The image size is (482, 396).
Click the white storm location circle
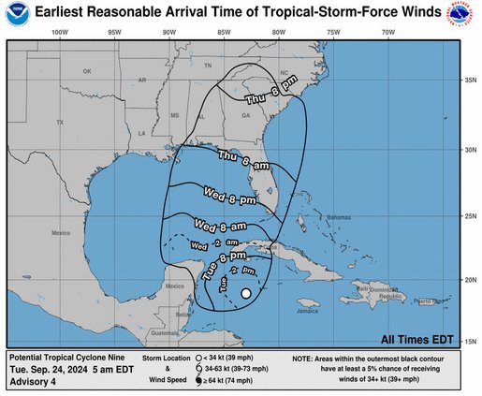pos(245,294)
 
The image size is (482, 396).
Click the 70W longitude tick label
pos(387,32)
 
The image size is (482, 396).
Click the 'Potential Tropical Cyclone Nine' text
pos(65,358)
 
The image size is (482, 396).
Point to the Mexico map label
pos(61,232)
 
